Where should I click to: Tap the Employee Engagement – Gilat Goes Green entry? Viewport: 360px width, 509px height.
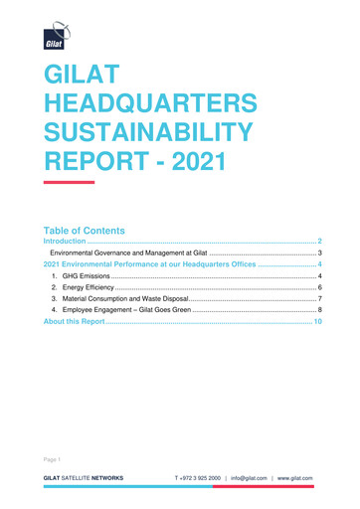[x=127, y=312]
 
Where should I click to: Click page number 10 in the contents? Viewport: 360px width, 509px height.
[x=318, y=324]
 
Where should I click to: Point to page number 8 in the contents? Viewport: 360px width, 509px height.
[x=320, y=312]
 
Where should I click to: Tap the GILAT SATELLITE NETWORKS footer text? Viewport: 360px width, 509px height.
[x=82, y=477]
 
